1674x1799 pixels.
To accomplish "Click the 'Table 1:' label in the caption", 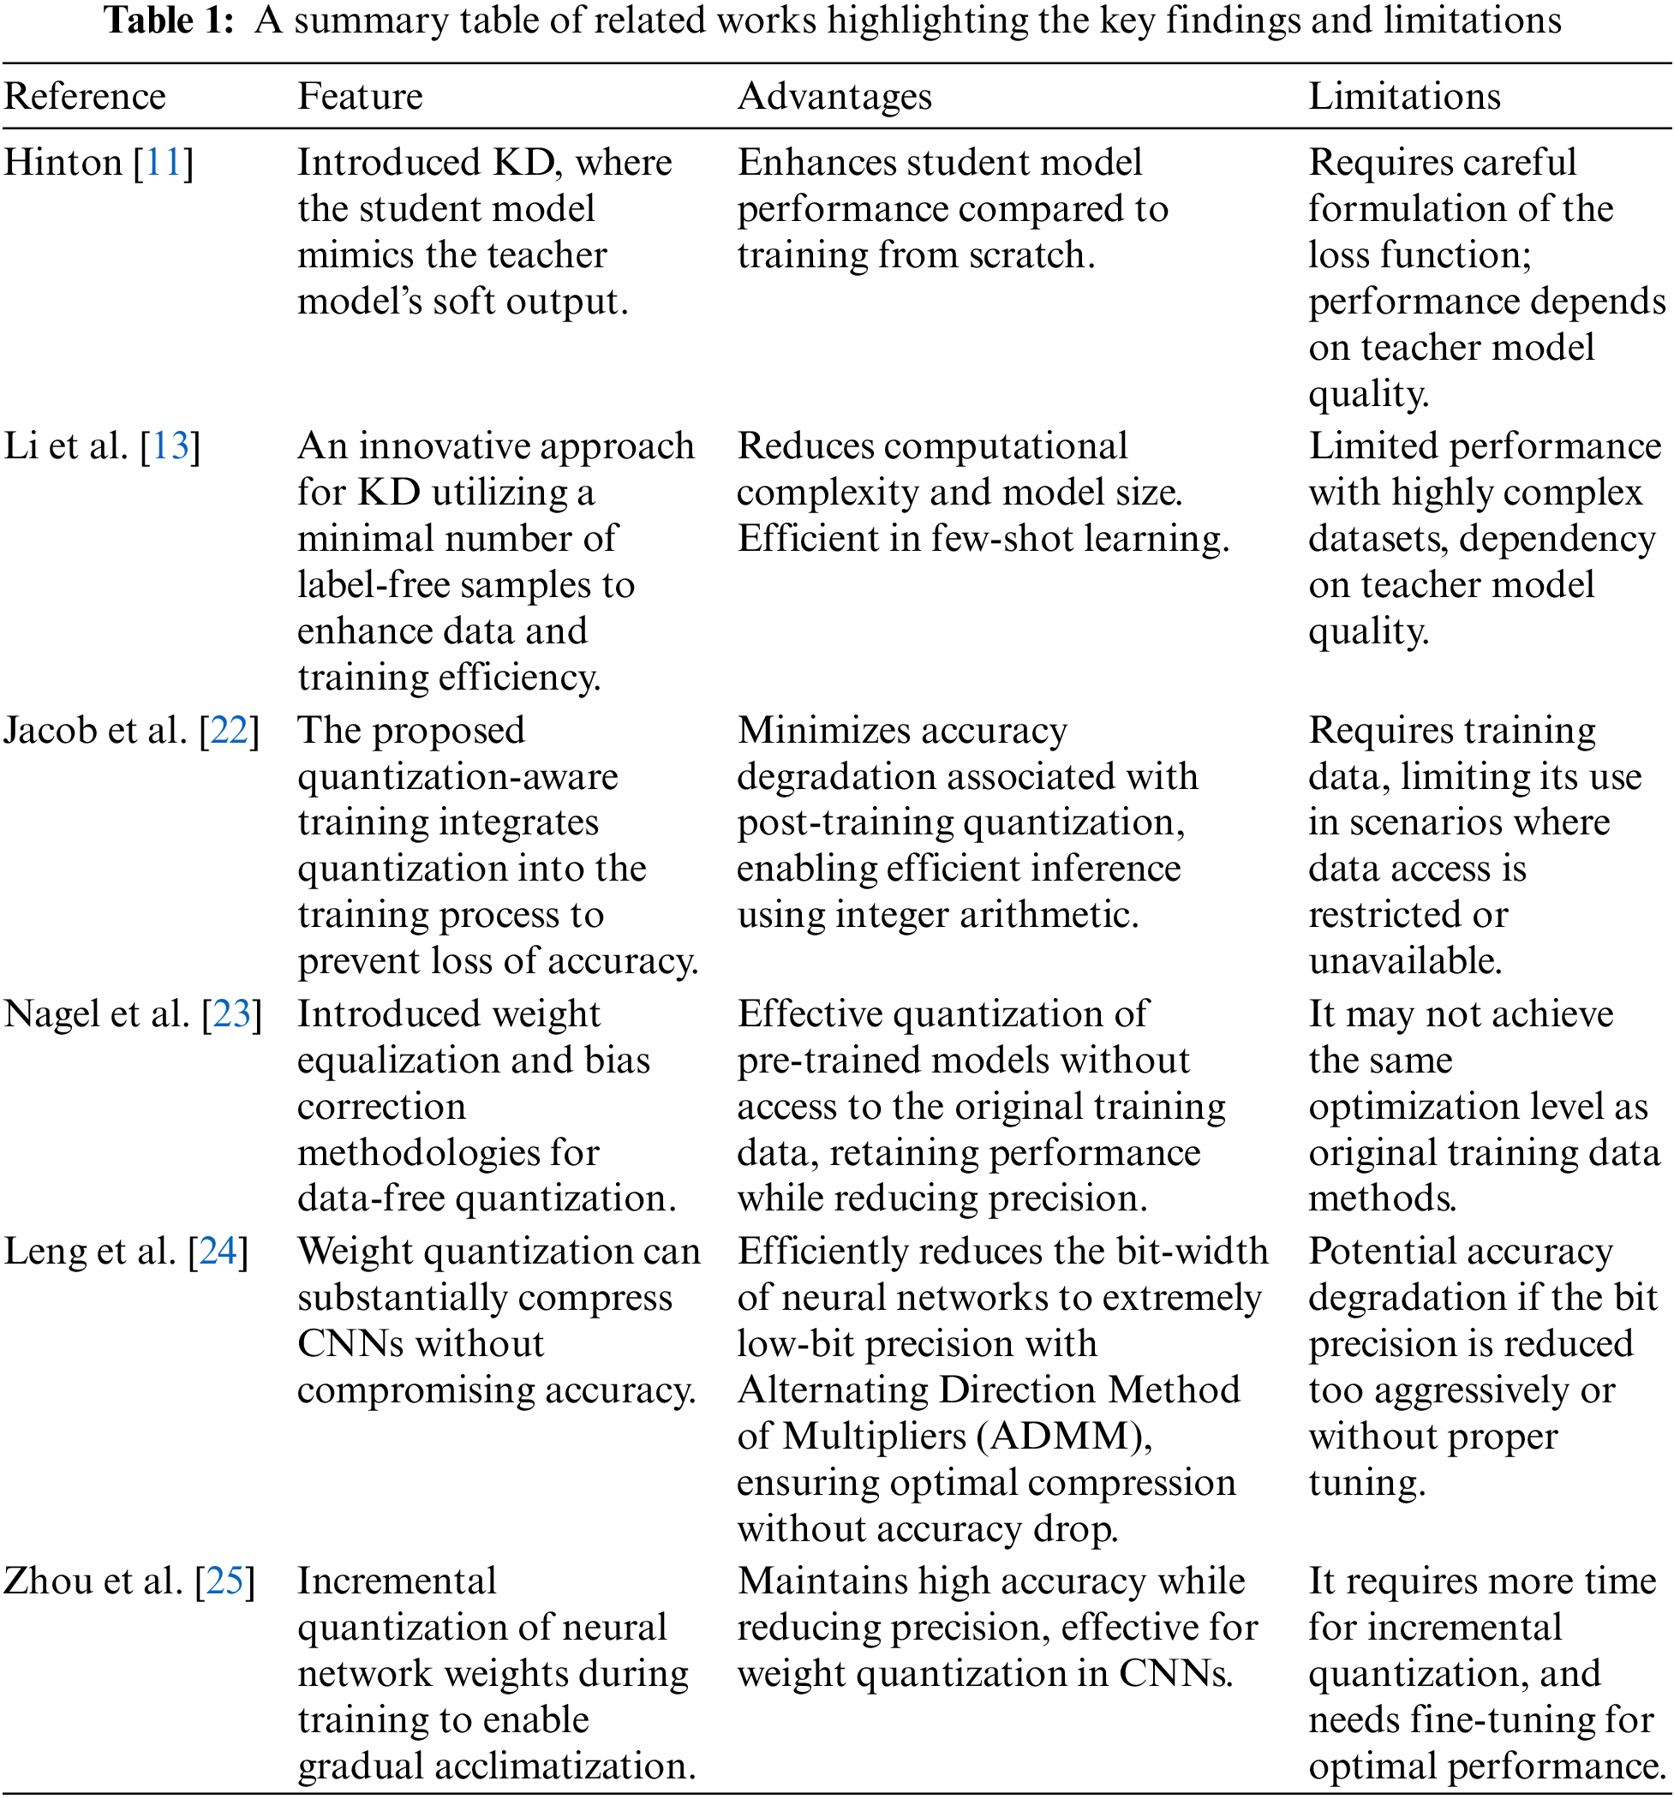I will click(170, 20).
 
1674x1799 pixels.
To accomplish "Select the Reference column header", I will click(85, 96).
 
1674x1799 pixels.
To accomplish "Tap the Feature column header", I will click(360, 96).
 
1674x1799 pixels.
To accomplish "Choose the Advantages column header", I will click(834, 96).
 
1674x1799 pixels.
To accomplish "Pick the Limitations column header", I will click(1404, 96).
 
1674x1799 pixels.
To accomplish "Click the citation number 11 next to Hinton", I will click(164, 163).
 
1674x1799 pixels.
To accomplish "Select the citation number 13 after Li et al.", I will click(170, 446).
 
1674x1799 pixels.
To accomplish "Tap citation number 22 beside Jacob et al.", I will click(229, 730).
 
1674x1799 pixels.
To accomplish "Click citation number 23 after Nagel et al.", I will click(231, 1013).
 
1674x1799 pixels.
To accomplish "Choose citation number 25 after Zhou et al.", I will click(225, 1581).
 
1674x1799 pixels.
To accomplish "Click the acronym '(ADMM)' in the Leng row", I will click(1064, 1436).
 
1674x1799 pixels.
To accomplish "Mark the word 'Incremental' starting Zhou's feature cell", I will click(398, 1581).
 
